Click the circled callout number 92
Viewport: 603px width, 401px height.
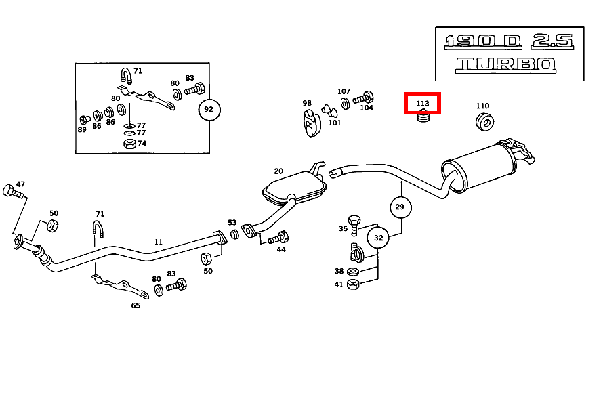209,109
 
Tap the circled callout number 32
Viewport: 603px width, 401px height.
378,238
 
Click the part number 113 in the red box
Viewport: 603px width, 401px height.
423,104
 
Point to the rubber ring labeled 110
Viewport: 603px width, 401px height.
484,122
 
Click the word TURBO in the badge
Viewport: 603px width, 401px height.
505,65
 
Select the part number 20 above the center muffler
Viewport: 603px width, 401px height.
278,171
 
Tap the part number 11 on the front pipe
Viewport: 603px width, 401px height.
158,242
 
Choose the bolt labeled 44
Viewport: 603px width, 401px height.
278,238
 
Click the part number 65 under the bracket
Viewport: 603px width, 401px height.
136,305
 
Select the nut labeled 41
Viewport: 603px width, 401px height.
352,284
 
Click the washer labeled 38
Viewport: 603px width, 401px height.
353,272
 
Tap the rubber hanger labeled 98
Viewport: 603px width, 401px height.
310,123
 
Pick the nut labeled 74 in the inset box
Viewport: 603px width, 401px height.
129,144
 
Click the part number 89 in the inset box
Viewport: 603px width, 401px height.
82,129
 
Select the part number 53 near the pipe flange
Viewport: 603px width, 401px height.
232,223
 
